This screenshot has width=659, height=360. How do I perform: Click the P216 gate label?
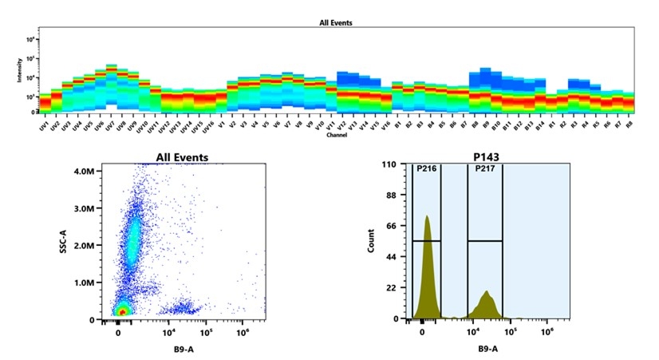[x=425, y=168]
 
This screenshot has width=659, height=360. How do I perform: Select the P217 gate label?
[x=484, y=168]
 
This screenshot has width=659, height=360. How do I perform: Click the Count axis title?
[x=372, y=241]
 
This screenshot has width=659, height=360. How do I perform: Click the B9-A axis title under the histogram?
[x=489, y=348]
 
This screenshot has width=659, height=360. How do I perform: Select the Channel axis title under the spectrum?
[x=336, y=135]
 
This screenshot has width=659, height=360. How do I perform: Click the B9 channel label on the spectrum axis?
[x=484, y=125]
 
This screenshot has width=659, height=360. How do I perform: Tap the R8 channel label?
[x=629, y=125]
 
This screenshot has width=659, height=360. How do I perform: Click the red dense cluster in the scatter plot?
[x=122, y=310]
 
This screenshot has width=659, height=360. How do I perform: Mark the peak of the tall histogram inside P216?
[x=427, y=216]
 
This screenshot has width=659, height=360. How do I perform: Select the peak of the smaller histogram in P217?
[x=486, y=292]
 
